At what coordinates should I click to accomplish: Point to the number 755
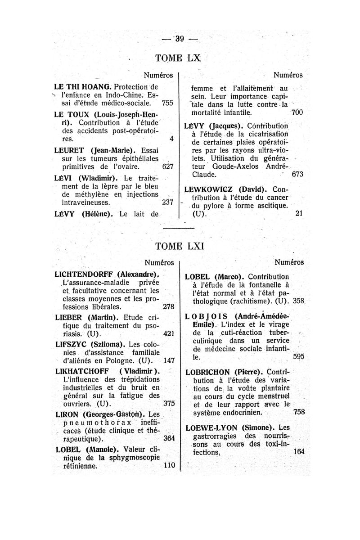click(x=167, y=103)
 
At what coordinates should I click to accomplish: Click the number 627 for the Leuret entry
click(x=167, y=166)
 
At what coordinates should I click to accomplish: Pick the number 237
click(x=167, y=202)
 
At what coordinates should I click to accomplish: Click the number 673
click(x=297, y=174)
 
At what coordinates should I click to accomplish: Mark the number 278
click(x=168, y=307)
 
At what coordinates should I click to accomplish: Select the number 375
click(x=168, y=404)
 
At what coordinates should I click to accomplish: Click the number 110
click(x=168, y=466)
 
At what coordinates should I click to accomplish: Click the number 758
click(x=298, y=411)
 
